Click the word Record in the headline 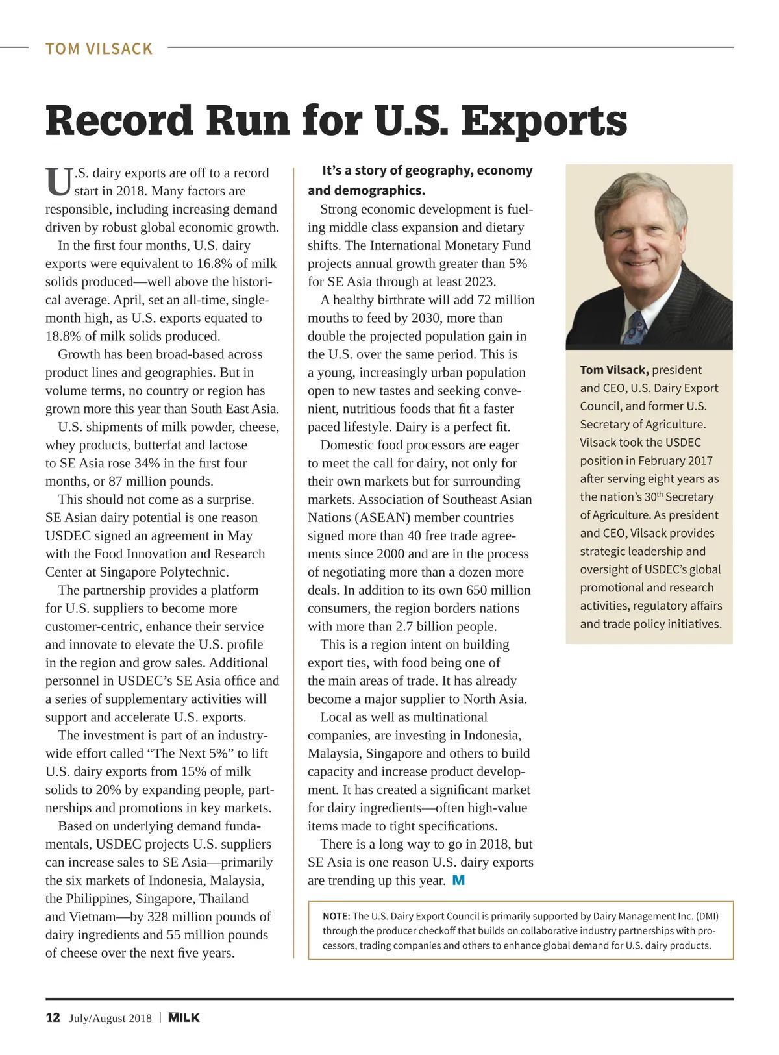[119, 121]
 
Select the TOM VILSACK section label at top [99, 49]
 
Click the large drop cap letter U [58, 182]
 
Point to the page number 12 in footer [53, 1017]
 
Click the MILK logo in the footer [184, 1017]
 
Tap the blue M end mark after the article [458, 880]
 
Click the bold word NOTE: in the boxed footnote [336, 916]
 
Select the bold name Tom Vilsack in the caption [614, 370]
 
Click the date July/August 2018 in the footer [110, 1018]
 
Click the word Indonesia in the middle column [487, 736]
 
